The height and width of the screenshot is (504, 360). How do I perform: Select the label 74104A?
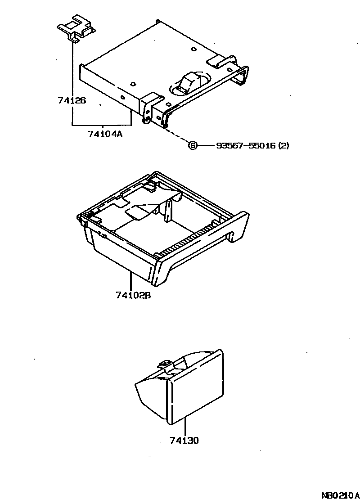coord(105,134)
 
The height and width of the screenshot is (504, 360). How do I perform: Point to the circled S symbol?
coord(192,145)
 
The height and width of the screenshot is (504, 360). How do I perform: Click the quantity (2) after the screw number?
coord(283,145)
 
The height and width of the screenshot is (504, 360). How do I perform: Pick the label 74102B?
coord(133,296)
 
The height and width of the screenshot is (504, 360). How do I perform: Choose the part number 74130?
coord(184,440)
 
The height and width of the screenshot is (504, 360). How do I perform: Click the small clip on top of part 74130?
coord(166,366)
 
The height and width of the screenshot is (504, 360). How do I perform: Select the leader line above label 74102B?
coord(130,281)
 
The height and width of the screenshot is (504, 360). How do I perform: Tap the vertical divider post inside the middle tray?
coord(168,211)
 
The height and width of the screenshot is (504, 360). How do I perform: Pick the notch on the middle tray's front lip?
coord(232,236)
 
